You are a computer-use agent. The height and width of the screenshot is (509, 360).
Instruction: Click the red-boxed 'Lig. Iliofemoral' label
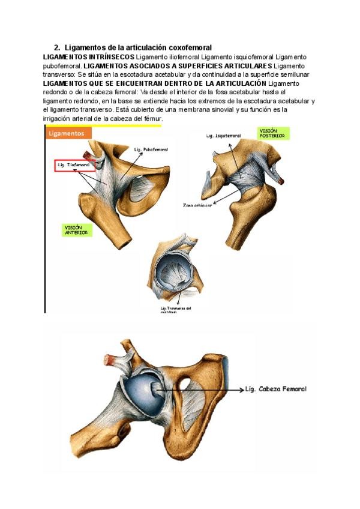coord(73,163)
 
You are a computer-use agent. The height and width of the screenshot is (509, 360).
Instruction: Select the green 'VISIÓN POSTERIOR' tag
coord(273,133)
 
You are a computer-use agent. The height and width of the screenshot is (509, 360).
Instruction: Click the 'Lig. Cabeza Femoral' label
coord(277,389)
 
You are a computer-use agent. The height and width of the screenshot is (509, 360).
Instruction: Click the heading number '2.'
coord(57,47)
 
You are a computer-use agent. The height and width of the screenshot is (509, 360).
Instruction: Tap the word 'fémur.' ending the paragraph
coord(152,119)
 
